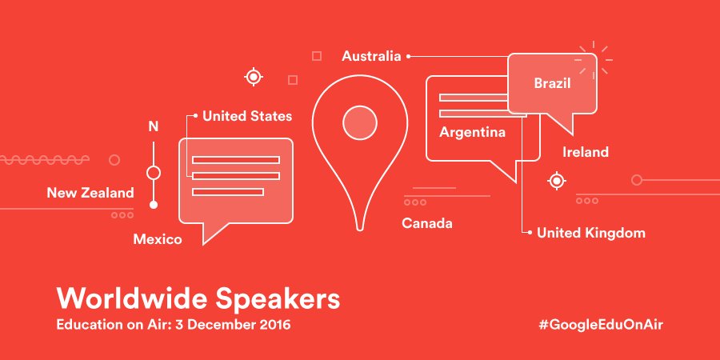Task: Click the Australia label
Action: pos(371,56)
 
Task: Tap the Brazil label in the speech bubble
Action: pos(552,82)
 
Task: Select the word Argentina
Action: pos(472,132)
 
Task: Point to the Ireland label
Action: pos(585,152)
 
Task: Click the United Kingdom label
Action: pos(590,233)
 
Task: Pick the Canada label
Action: pos(426,223)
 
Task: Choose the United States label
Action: pos(246,117)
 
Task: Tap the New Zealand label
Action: pos(90,193)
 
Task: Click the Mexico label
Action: pos(158,239)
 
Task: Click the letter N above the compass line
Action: pos(154,126)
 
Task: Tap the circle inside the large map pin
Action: pos(359,123)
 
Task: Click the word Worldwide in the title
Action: pos(133,299)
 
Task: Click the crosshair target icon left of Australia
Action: pos(254,77)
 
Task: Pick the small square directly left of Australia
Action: pos(317,56)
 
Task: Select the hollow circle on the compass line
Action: pos(154,172)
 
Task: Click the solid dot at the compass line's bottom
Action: pos(154,205)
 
